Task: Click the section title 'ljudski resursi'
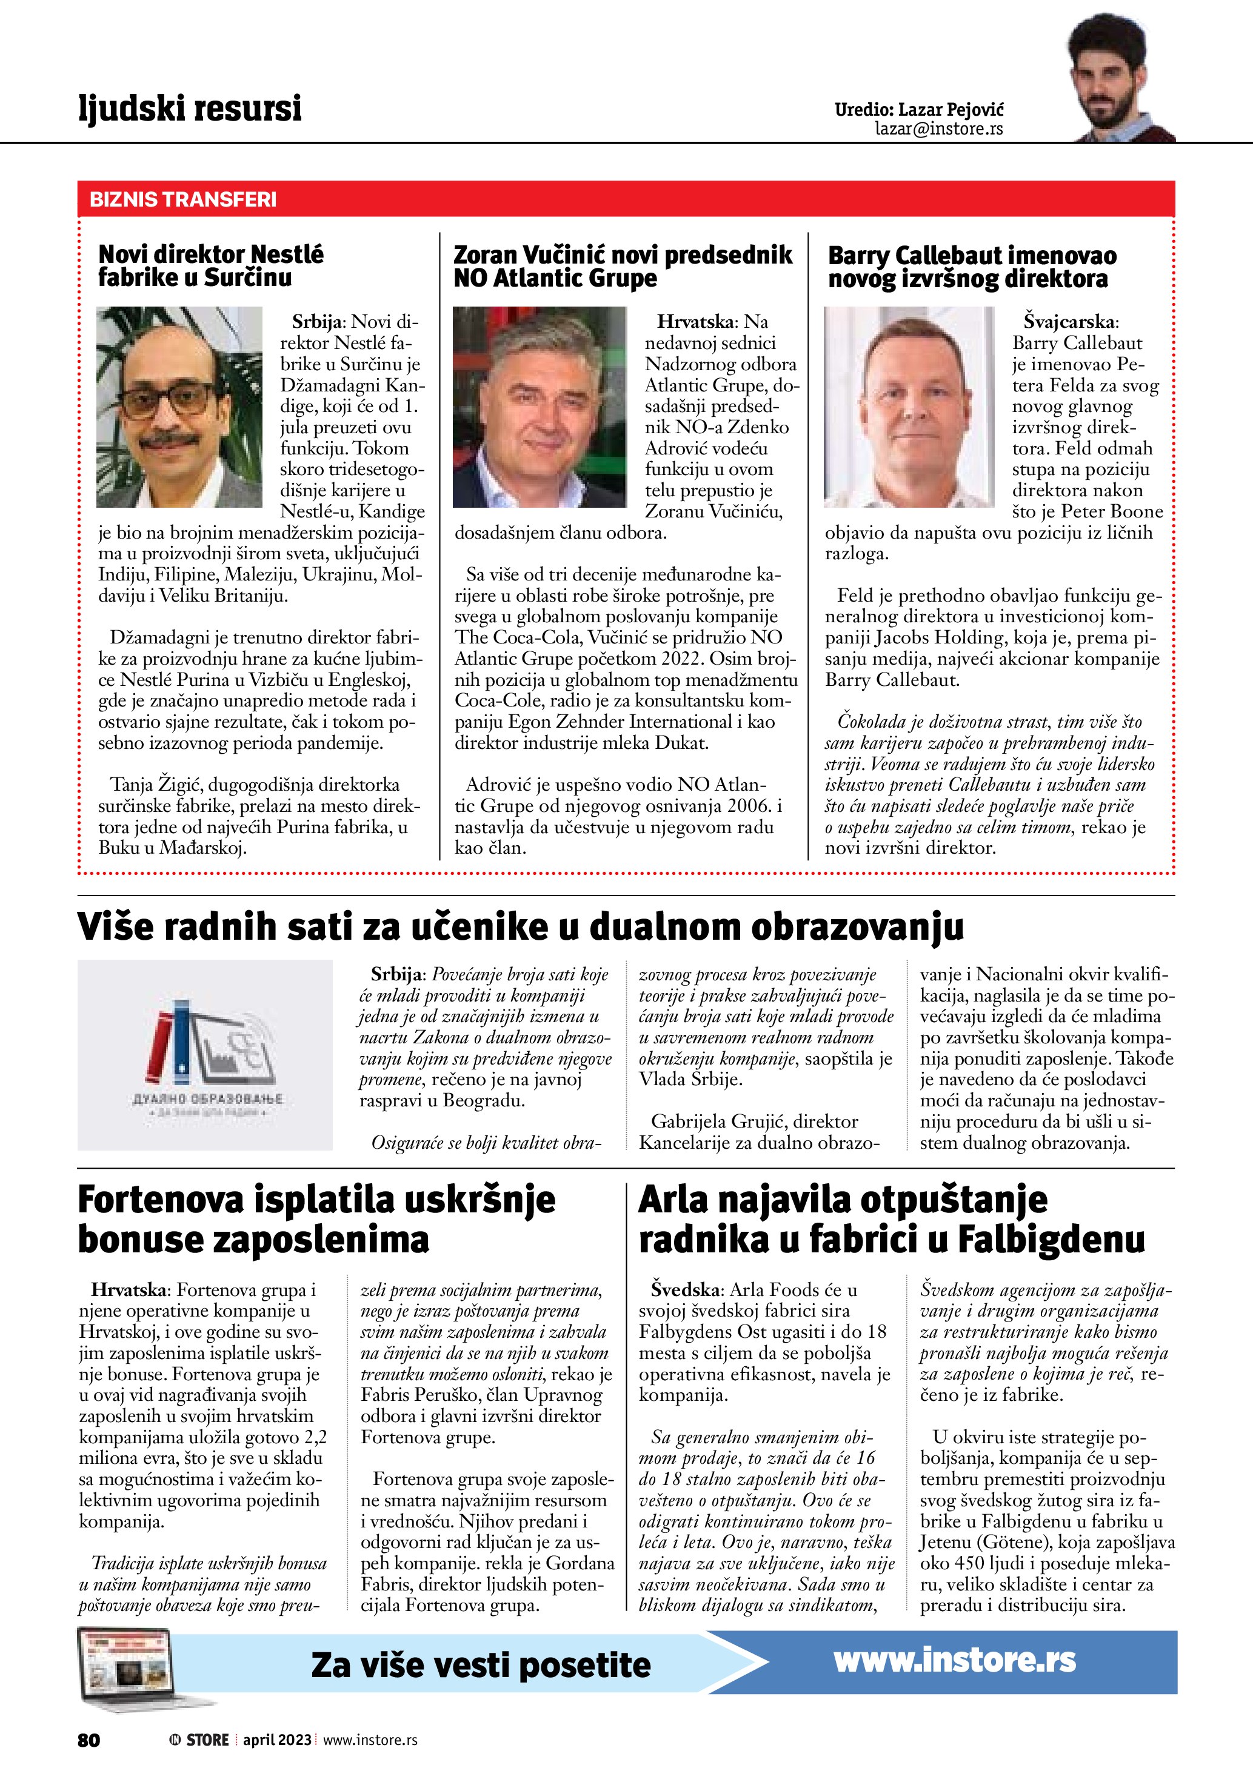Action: coord(190,108)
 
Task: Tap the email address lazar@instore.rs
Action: coord(938,129)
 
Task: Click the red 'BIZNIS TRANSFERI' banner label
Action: coord(183,200)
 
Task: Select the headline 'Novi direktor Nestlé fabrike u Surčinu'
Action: coord(210,265)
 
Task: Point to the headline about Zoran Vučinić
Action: coord(622,266)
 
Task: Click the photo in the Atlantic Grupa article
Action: coord(540,407)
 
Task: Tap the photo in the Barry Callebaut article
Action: coord(908,407)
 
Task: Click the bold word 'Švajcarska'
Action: coord(1069,322)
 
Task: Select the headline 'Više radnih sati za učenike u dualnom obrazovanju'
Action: coord(520,926)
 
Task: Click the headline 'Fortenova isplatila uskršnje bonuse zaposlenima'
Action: coord(316,1220)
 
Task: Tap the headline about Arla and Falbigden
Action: coord(891,1220)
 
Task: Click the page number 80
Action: coord(89,1740)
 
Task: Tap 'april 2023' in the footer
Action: coord(277,1740)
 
